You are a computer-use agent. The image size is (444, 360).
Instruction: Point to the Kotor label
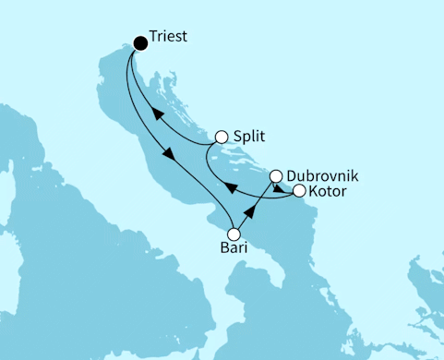330,191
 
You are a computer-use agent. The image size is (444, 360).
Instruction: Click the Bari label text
233,249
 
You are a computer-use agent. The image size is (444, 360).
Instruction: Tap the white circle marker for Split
221,138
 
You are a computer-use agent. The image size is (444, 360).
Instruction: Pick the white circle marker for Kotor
299,191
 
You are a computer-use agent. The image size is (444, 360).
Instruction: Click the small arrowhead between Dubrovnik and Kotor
281,186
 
